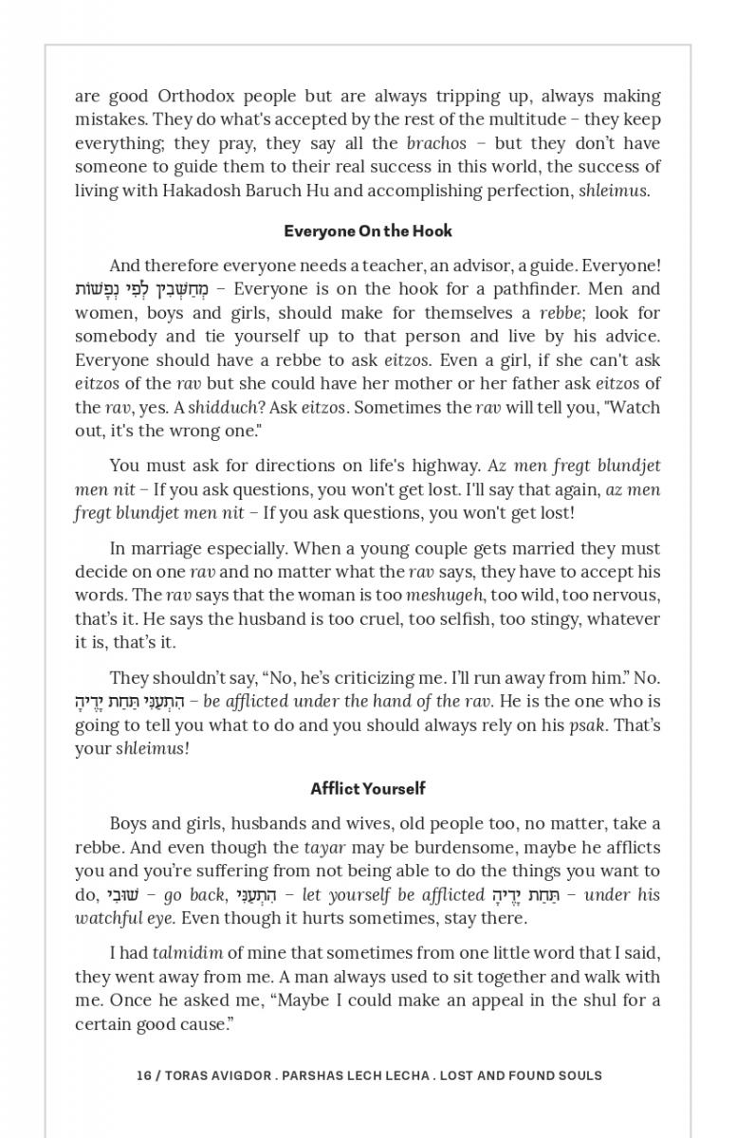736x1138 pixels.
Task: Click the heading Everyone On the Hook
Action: (x=368, y=231)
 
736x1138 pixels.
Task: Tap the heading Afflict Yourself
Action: (x=368, y=789)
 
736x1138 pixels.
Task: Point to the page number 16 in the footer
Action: (x=144, y=1075)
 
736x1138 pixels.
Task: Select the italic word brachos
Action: (x=436, y=144)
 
